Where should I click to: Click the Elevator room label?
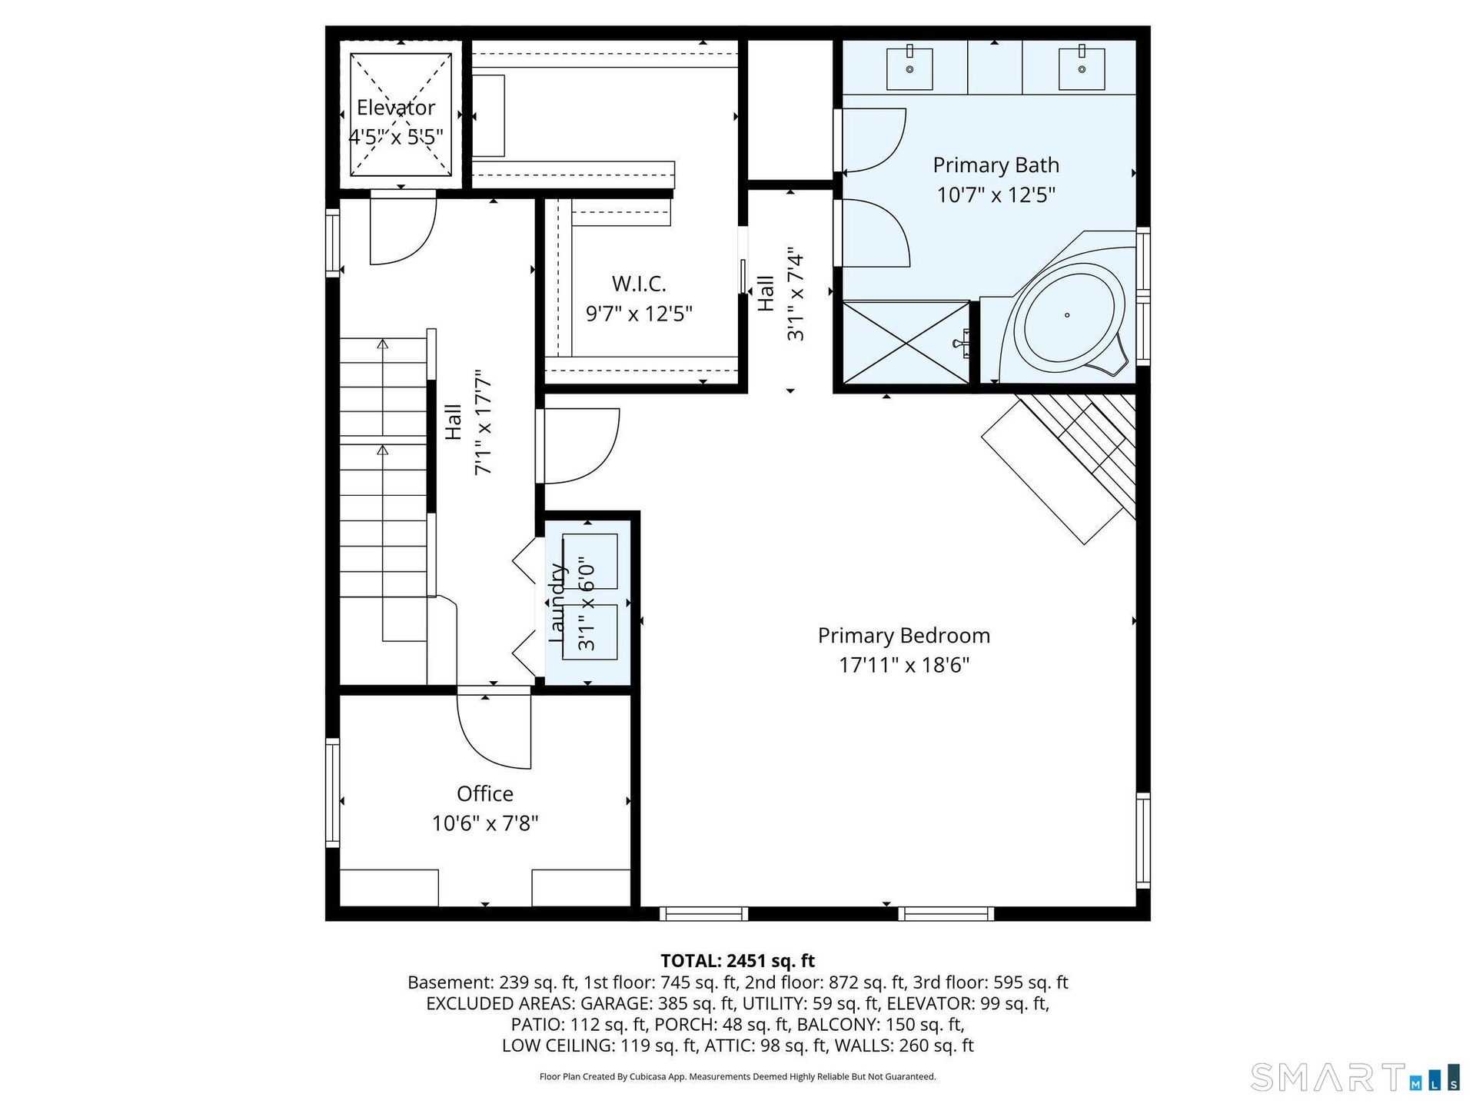[x=396, y=108]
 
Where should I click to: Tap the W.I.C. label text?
[x=639, y=284]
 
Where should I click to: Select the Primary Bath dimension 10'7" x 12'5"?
[x=996, y=194]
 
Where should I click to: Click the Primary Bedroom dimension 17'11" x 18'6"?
[x=903, y=665]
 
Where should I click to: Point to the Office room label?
[x=484, y=793]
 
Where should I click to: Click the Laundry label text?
[x=557, y=603]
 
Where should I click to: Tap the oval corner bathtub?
[x=1069, y=315]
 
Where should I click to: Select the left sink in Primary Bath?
[x=909, y=68]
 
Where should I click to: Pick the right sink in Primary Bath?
[x=1082, y=68]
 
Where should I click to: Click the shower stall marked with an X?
[x=906, y=342]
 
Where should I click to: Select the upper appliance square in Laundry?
[x=590, y=561]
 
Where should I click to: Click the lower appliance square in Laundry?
[x=590, y=632]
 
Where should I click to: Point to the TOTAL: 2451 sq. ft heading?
[x=738, y=960]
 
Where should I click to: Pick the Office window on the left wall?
[x=333, y=793]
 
